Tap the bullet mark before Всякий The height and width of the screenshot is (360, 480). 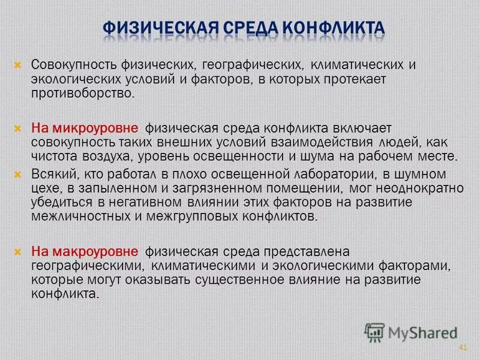[18, 173]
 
